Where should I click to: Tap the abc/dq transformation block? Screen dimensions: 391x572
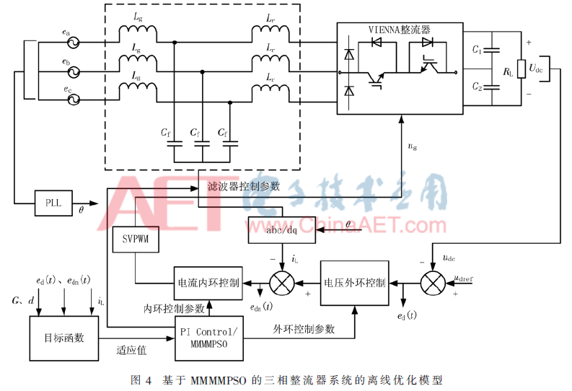(x=281, y=230)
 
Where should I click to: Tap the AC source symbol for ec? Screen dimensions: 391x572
(x=73, y=100)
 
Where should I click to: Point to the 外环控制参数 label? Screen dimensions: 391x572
(x=303, y=329)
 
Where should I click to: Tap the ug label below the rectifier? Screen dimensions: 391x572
(x=412, y=147)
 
